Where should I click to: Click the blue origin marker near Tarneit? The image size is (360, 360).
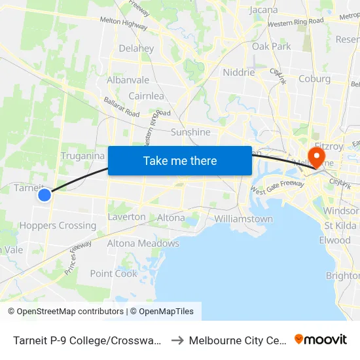click(45, 194)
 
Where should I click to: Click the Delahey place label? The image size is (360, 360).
click(136, 48)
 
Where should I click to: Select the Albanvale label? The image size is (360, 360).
click(128, 81)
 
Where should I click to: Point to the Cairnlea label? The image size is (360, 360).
click(146, 96)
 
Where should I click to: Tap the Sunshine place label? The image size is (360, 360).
click(190, 132)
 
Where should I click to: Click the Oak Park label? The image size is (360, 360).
click(271, 46)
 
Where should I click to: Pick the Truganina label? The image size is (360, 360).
click(82, 156)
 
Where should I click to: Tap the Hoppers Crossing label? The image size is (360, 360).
click(58, 226)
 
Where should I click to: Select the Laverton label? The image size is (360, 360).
click(126, 217)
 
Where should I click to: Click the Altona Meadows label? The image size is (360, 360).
click(143, 243)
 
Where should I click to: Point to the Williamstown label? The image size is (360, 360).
click(243, 219)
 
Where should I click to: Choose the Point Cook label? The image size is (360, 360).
click(114, 274)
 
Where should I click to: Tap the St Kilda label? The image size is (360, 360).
click(341, 226)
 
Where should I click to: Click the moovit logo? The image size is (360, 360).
click(320, 339)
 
